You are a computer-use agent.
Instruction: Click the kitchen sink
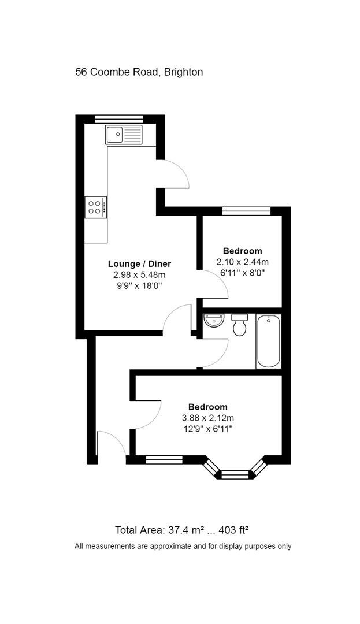coord(124,135)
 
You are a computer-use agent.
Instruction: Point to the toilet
coord(239,325)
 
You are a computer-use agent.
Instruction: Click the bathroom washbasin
coord(213,320)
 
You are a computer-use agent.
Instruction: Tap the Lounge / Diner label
coord(139,264)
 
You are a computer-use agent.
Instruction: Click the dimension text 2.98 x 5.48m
coord(139,274)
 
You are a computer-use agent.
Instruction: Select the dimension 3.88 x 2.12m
coord(207,418)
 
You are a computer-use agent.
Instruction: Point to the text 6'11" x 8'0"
coord(243,272)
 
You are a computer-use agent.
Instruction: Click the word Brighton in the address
coord(183,72)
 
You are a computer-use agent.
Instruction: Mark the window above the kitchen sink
coord(119,119)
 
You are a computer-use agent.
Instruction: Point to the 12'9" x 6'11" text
coord(207,429)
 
